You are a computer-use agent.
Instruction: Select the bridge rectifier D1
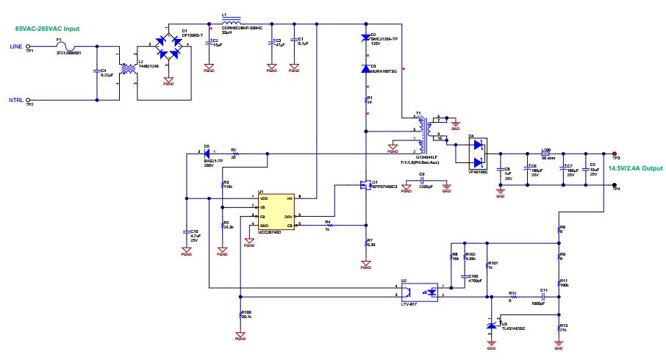coord(168,46)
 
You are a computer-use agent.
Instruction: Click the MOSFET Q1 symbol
coord(365,184)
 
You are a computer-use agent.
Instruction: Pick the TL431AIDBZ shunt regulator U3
coord(492,325)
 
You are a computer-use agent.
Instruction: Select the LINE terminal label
coord(15,46)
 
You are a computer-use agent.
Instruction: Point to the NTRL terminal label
coord(15,100)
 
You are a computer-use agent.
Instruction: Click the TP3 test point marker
coord(615,154)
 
